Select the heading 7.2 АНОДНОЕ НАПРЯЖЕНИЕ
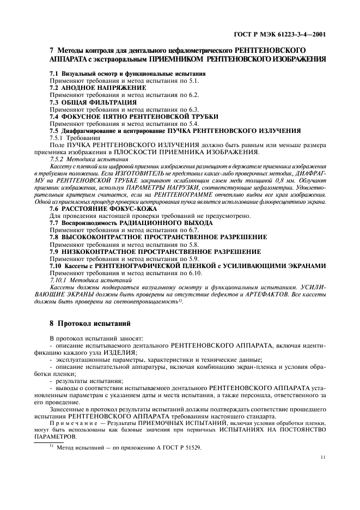click(x=97, y=87)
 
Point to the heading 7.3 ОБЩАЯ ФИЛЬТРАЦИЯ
click(x=93, y=102)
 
